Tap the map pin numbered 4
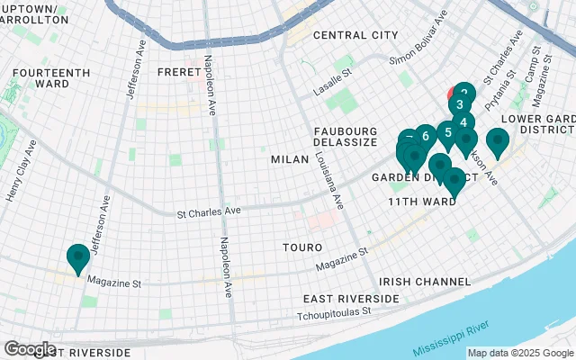(x=463, y=123)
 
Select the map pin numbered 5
(x=447, y=133)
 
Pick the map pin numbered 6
(x=426, y=137)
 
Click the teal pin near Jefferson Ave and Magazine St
(x=77, y=257)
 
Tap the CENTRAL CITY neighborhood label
(x=355, y=35)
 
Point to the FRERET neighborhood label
(x=176, y=71)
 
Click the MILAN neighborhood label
(x=290, y=159)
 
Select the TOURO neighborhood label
(x=296, y=246)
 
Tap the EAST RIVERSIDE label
(x=351, y=298)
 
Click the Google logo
(x=30, y=349)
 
